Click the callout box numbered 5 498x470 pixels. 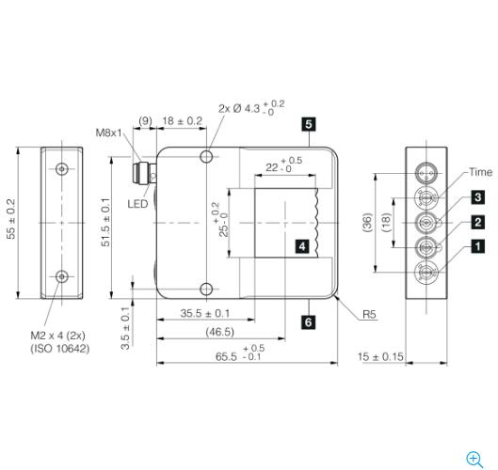pyautogui.click(x=309, y=123)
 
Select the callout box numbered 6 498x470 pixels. pyautogui.click(x=309, y=322)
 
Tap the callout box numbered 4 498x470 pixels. pyautogui.click(x=301, y=246)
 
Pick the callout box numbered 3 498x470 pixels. pyautogui.click(x=478, y=197)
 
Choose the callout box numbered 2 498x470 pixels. pyautogui.click(x=478, y=222)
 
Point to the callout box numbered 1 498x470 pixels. pyautogui.click(x=478, y=246)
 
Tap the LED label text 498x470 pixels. pyautogui.click(x=137, y=203)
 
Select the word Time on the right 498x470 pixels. pyautogui.click(x=480, y=173)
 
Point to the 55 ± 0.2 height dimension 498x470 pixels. pyautogui.click(x=12, y=218)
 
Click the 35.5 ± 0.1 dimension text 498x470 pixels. pyautogui.click(x=205, y=313)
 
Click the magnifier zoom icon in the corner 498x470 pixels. pyautogui.click(x=474, y=459)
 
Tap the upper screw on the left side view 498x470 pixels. pyautogui.click(x=62, y=169)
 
